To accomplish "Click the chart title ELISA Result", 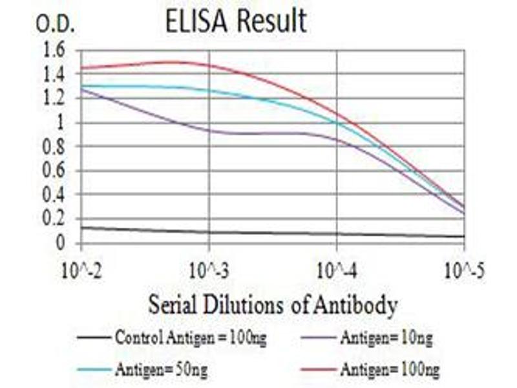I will pos(235,21).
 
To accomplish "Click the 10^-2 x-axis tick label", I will pos(81,270).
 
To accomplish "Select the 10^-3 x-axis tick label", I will pos(209,270).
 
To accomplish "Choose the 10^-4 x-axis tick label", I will pos(337,270).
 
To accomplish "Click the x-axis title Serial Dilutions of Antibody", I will pos(273,304).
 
